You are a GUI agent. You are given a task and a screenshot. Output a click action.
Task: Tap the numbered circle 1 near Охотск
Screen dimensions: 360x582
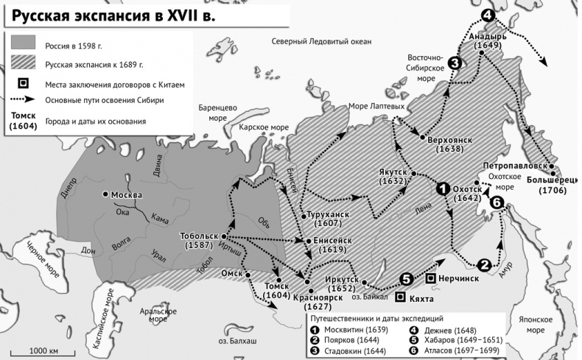(x=443, y=188)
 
